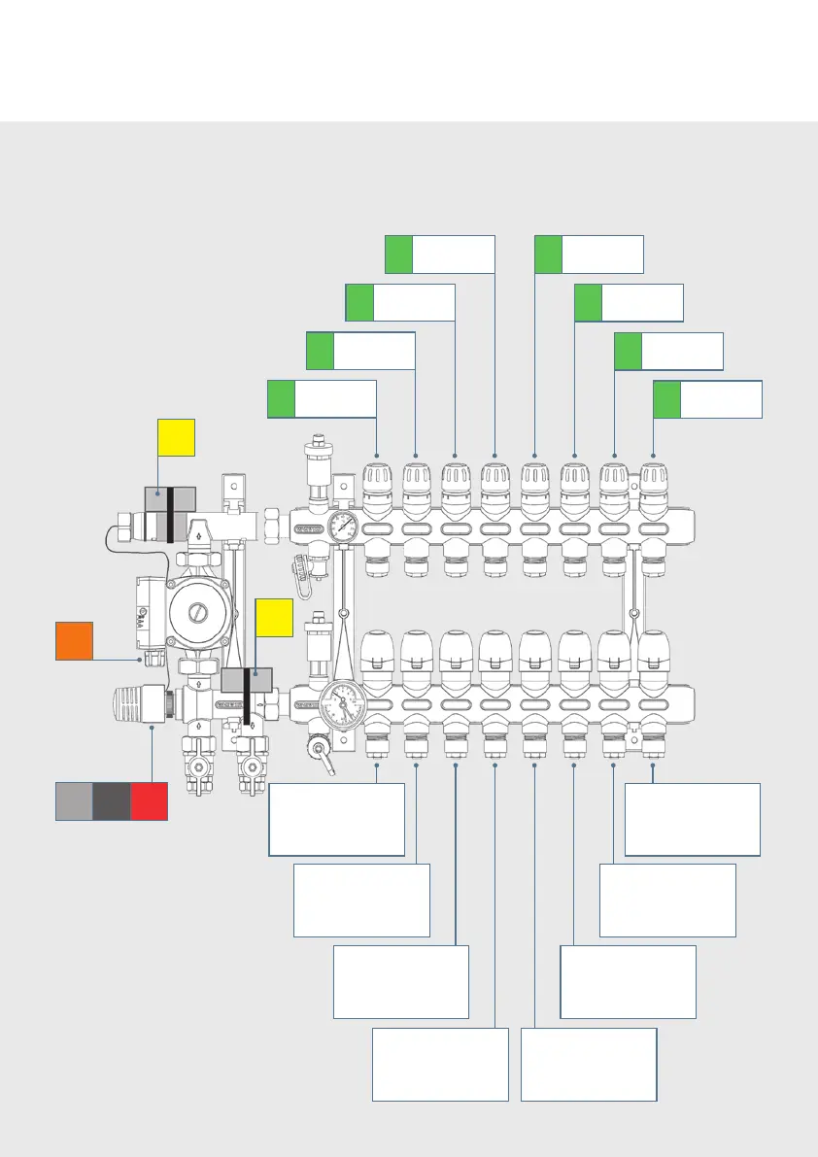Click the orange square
pos(74,641)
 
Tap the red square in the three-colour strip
pos(150,800)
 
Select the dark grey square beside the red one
pos(112,800)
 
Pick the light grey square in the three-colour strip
pos(74,800)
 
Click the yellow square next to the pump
pos(274,618)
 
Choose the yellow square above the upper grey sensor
pos(177,437)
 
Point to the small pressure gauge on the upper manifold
pos(342,528)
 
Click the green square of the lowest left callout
pos(282,399)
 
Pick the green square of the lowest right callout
pos(667,399)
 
